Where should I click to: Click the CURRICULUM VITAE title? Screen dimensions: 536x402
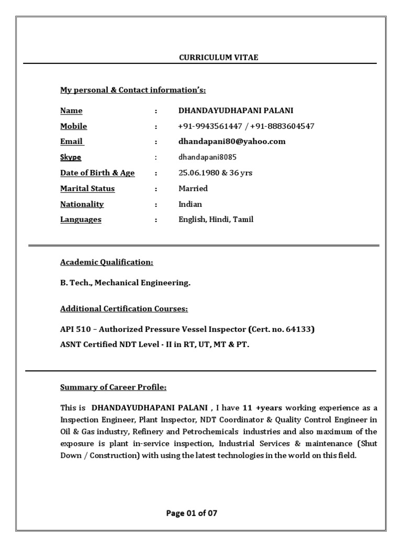coord(219,58)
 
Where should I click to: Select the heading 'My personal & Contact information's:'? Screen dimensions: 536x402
coord(133,90)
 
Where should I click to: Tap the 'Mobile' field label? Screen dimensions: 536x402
coord(73,126)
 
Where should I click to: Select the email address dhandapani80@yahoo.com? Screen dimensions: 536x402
coord(232,141)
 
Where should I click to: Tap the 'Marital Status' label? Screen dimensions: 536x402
coord(87,188)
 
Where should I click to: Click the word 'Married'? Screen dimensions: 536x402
coord(193,188)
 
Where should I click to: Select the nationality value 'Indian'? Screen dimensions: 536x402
coord(190,204)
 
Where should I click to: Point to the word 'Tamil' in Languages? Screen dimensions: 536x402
coord(243,219)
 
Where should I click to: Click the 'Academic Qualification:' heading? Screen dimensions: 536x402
coord(107,262)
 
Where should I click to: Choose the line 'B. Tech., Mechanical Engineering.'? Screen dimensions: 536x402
coord(126,283)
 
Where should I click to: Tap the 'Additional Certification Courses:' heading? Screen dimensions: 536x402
coord(124,309)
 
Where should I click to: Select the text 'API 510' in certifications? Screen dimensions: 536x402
coord(75,330)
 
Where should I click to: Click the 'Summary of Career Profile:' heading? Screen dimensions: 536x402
coord(114,387)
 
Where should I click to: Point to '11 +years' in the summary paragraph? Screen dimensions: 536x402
coord(246,408)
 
